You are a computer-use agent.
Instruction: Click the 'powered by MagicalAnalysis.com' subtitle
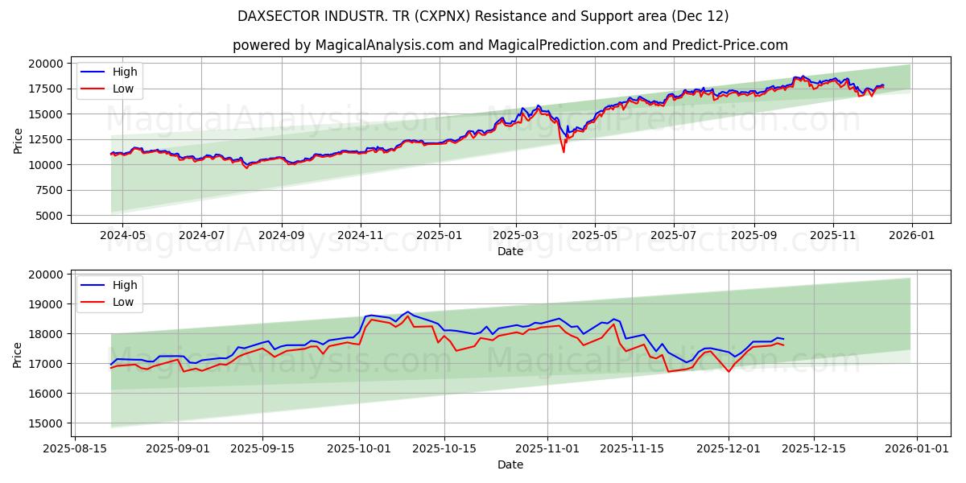tap(510, 45)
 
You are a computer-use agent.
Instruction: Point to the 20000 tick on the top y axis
tap(46, 64)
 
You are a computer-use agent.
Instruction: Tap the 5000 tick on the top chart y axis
tap(49, 216)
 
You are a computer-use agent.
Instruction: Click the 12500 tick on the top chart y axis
tap(46, 139)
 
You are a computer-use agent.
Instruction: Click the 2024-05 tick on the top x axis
tap(122, 235)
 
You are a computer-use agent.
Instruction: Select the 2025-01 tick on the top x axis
tap(440, 235)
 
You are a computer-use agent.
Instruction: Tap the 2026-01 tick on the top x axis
tap(911, 235)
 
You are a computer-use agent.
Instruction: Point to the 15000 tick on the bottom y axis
tap(46, 423)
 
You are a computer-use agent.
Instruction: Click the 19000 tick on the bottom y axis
tap(46, 304)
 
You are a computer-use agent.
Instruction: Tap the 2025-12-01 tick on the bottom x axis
tap(729, 448)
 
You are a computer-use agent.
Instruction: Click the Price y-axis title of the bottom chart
tap(18, 354)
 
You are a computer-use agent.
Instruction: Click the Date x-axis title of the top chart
tap(510, 251)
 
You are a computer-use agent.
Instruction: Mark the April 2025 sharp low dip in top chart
tap(563, 151)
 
